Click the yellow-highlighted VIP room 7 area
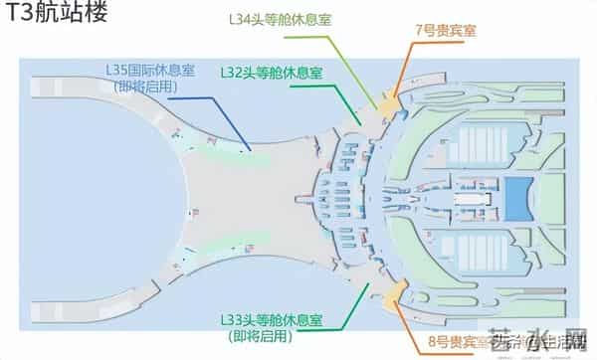click(x=387, y=101)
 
